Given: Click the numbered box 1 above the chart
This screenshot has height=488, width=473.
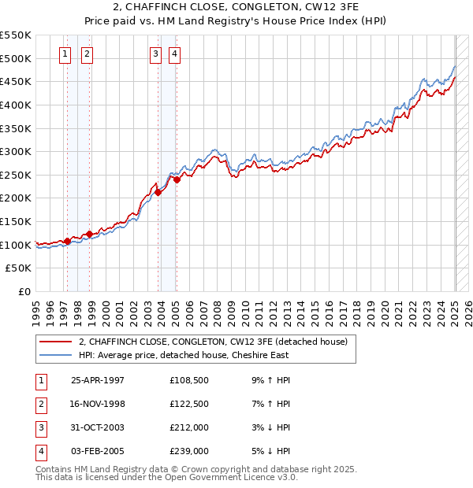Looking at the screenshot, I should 64,54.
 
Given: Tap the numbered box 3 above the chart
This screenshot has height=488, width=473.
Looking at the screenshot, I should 155,54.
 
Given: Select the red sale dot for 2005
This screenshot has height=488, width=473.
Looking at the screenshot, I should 177,179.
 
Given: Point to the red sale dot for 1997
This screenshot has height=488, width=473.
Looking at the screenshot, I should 67,242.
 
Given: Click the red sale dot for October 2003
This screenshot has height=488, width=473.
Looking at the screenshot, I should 158,192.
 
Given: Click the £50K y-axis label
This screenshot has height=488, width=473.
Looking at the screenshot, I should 19,268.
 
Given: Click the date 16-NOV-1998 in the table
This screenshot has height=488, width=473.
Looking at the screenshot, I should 98,404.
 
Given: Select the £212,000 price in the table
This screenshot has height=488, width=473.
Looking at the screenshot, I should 189,427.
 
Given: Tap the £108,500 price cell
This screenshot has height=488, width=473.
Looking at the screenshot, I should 189,380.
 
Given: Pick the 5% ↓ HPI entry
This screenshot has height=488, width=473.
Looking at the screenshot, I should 273,451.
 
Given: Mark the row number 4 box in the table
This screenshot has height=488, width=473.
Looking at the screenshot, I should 40,451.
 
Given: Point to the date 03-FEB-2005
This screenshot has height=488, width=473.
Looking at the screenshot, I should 98,451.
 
